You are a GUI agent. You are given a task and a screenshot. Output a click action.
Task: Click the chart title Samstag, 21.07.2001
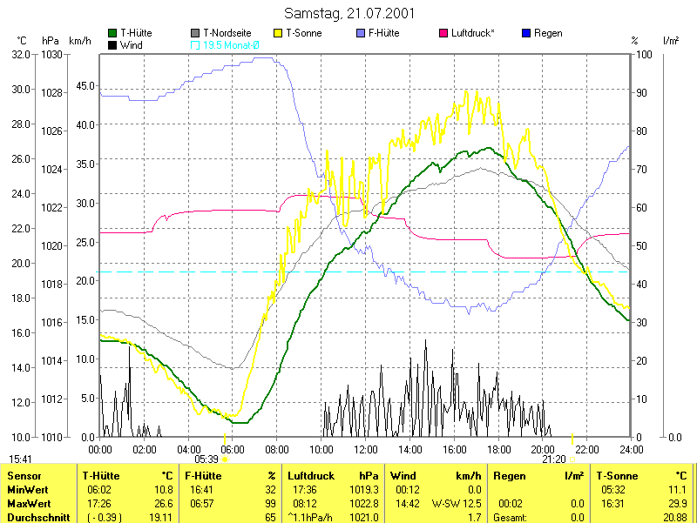click(349, 14)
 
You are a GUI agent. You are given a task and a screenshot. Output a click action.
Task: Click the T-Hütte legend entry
click(135, 33)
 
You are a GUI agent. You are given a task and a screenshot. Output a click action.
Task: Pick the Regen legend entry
click(547, 33)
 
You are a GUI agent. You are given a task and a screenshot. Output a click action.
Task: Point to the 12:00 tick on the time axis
click(366, 449)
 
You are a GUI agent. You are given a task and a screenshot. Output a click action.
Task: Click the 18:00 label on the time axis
click(499, 449)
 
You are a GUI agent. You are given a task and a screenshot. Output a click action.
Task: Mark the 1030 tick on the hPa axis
click(51, 54)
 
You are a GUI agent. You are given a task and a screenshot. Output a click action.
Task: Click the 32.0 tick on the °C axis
click(20, 54)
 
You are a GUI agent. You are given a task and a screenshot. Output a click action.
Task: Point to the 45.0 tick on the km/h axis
click(85, 85)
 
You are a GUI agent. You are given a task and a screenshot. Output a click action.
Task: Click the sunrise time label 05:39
click(206, 459)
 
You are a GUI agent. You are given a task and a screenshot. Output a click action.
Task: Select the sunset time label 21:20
click(554, 459)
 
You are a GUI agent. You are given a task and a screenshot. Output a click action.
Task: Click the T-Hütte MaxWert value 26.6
click(165, 503)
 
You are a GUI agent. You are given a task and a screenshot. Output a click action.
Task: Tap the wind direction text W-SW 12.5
click(457, 503)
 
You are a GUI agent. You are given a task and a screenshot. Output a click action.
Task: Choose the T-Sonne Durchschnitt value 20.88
click(674, 517)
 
